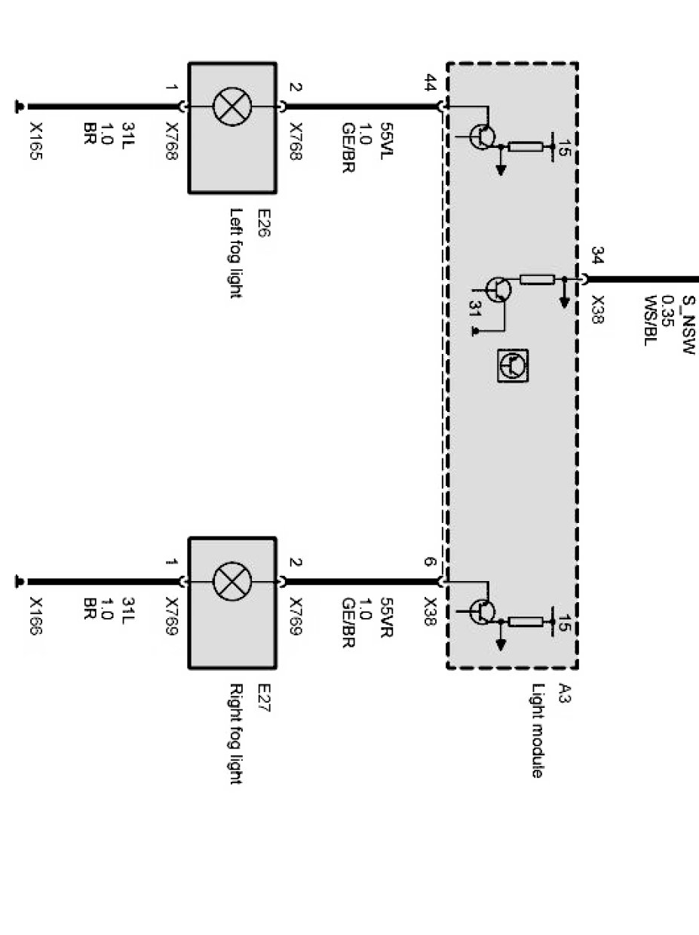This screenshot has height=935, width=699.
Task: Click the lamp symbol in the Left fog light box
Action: pos(231,106)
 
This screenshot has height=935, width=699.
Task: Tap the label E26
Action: pos(264,223)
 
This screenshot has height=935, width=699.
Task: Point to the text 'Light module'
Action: pos(536,731)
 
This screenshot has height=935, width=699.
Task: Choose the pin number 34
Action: pos(597,257)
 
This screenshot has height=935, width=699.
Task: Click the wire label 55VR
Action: pos(385,618)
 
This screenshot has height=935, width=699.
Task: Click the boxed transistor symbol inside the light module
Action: pos(513,365)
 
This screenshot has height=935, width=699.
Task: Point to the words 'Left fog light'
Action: pos(235,253)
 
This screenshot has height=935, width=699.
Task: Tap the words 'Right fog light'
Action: pos(235,734)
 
